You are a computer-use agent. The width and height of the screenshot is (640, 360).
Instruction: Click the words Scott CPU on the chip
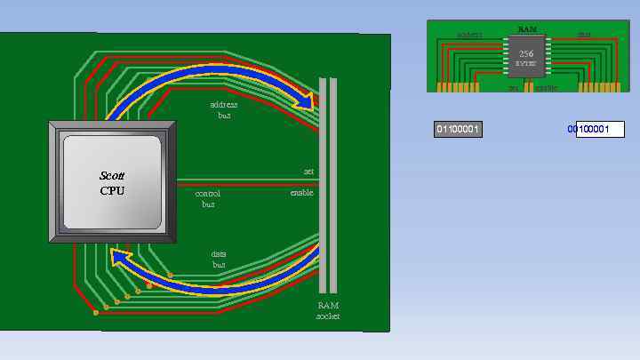(112, 183)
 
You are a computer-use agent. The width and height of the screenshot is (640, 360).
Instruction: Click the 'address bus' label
(223, 109)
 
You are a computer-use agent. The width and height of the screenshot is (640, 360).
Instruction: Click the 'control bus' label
(208, 198)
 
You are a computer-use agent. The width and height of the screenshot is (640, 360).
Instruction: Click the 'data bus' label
(219, 260)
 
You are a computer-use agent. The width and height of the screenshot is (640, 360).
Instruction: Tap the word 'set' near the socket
(308, 172)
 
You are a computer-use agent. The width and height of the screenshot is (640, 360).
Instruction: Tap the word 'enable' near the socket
(301, 192)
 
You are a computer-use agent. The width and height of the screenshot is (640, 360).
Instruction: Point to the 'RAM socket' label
(328, 310)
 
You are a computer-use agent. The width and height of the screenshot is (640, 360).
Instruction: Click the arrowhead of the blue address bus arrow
(307, 100)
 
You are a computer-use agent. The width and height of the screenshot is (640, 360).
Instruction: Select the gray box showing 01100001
(458, 130)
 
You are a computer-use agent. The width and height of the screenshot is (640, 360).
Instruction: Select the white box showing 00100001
(599, 130)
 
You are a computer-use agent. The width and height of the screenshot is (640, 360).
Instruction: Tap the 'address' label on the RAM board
(469, 36)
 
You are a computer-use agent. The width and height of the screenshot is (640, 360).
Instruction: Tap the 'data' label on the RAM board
(584, 36)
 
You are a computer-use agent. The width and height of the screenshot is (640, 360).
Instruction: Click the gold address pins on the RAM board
(457, 87)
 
